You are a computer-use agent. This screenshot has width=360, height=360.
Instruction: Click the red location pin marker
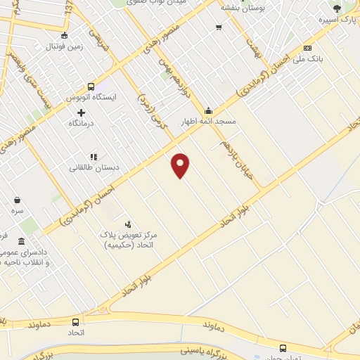(x=181, y=165)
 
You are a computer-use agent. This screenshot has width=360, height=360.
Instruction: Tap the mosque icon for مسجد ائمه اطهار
(x=208, y=110)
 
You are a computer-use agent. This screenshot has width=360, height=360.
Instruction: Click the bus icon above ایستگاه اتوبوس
(x=91, y=86)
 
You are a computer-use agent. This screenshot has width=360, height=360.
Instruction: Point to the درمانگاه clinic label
(x=82, y=123)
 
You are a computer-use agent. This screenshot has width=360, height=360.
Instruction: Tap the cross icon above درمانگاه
(x=82, y=112)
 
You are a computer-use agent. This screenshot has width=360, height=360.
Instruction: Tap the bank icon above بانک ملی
(x=307, y=48)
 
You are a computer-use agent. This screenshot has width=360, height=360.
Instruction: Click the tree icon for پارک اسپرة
(x=337, y=8)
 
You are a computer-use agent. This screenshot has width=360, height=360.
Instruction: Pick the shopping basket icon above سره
(x=17, y=200)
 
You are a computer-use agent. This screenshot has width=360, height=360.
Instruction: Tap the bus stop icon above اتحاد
(x=75, y=321)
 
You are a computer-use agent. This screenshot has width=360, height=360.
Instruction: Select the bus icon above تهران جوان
(x=283, y=347)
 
